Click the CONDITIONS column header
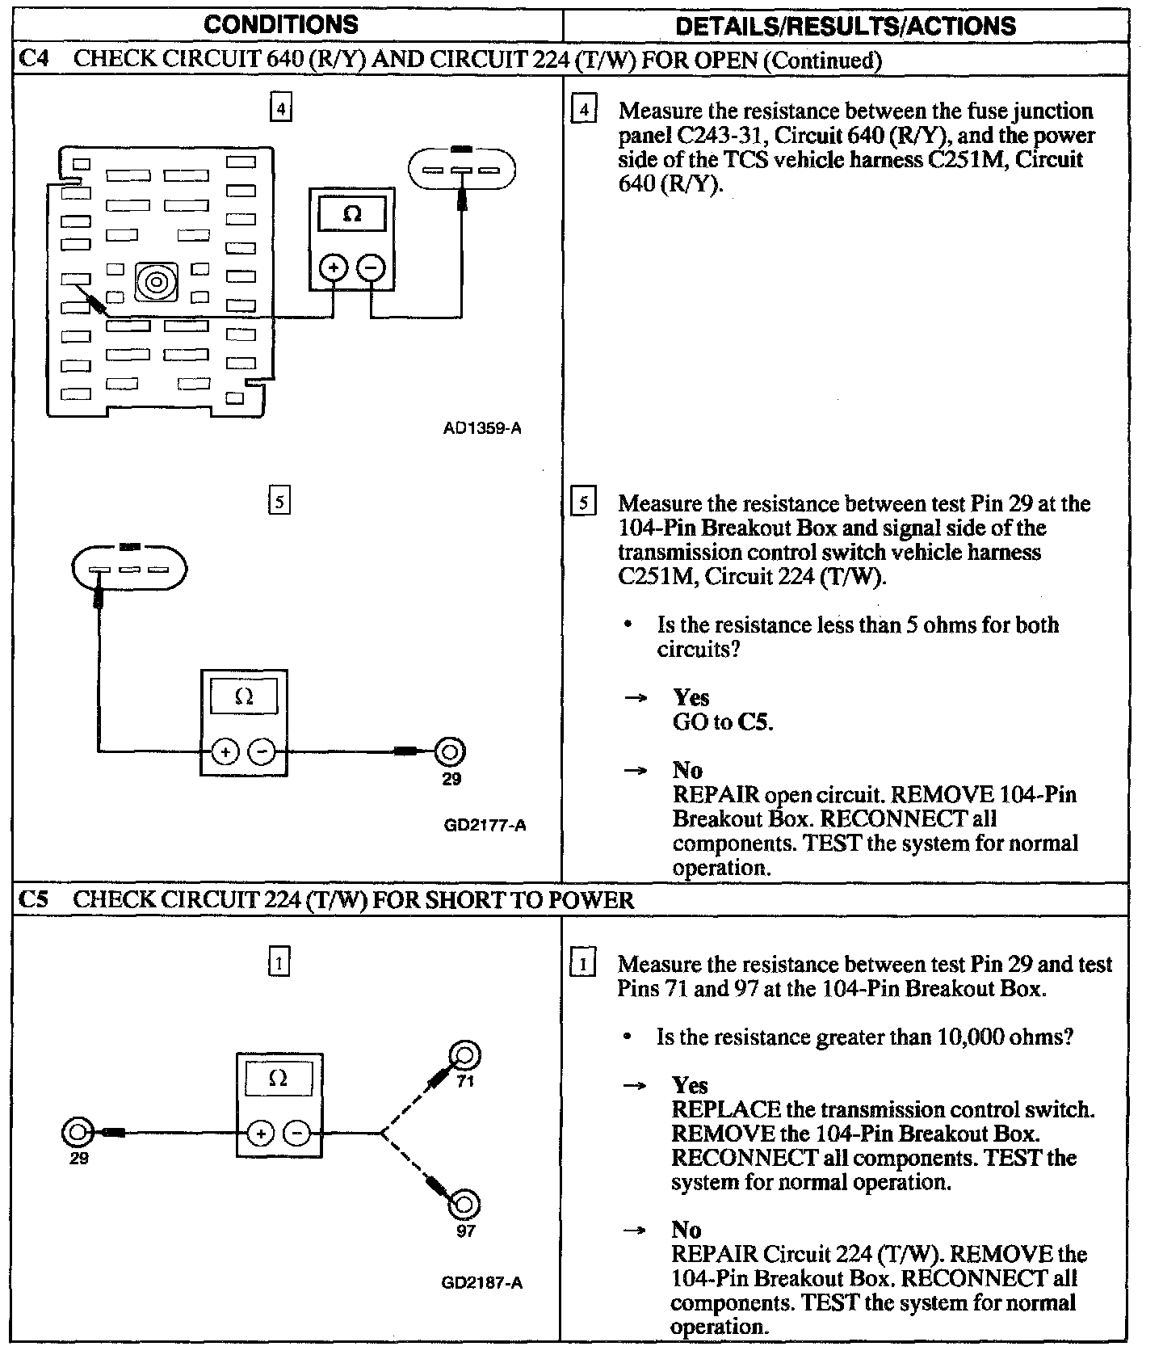tap(281, 24)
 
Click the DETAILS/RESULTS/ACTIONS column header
tap(846, 26)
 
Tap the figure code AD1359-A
tap(482, 428)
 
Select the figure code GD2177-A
tap(485, 825)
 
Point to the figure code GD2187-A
tap(482, 1282)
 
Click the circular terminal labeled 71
tap(465, 1055)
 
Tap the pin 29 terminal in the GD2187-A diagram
tap(77, 1132)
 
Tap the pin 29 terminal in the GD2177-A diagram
tap(450, 752)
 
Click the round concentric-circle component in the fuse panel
tap(155, 282)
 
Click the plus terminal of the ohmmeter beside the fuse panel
tap(334, 267)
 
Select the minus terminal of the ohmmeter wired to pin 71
tap(297, 1134)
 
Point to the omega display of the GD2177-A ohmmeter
tap(244, 696)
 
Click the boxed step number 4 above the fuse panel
tap(279, 107)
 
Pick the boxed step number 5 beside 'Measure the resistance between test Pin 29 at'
tap(583, 503)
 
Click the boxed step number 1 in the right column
tap(582, 963)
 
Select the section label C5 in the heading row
tap(33, 899)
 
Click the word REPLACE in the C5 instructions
tap(726, 1109)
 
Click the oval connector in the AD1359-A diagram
tap(462, 170)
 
